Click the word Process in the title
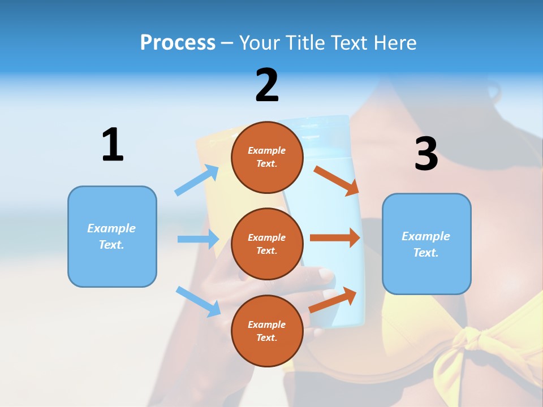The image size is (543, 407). point(178,42)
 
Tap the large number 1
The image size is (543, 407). point(113,145)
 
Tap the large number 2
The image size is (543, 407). point(267,85)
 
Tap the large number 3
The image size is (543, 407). point(426,154)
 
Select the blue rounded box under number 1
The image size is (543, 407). point(112,236)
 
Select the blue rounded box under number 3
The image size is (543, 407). point(426,244)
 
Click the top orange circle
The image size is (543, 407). point(267,157)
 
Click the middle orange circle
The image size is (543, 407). point(267,244)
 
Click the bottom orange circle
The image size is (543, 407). point(267,331)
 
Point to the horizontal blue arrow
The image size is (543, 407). point(198,239)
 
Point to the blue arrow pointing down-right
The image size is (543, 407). point(198,301)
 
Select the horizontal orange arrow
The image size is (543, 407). point(334,237)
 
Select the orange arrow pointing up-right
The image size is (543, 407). point(333,300)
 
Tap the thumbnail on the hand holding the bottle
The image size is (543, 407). point(326,275)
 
